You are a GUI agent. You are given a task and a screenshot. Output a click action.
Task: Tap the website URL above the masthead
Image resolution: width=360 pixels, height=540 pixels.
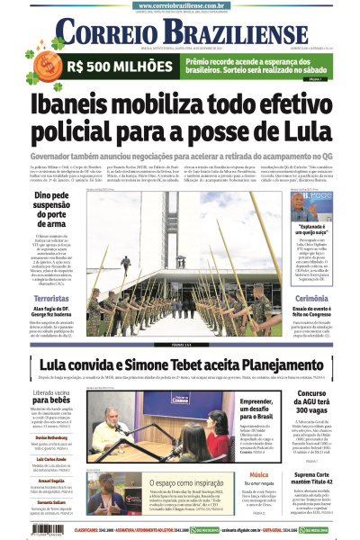(x=180, y=5)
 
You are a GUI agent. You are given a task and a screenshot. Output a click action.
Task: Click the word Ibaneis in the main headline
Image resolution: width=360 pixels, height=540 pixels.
(x=79, y=106)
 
